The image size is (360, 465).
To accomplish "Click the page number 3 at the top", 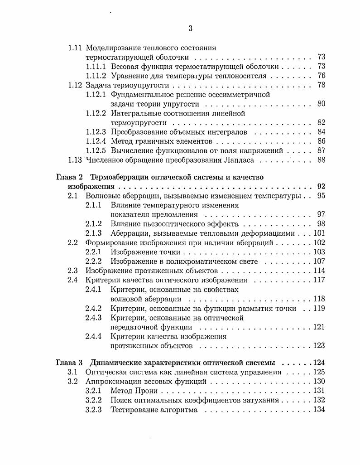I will coord(190,29).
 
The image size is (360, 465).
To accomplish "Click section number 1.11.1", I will coord(96,66).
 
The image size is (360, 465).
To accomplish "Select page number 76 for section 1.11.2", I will coord(321,76).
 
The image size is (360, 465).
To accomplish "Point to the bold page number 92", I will coord(321,186).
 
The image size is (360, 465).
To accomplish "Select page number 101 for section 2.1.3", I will coord(319,233).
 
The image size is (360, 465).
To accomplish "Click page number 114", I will coord(319,271).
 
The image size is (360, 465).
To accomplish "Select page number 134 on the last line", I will coord(319,410).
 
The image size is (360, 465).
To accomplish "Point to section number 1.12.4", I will coord(96,141).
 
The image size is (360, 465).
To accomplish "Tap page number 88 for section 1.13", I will coord(321,160).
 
